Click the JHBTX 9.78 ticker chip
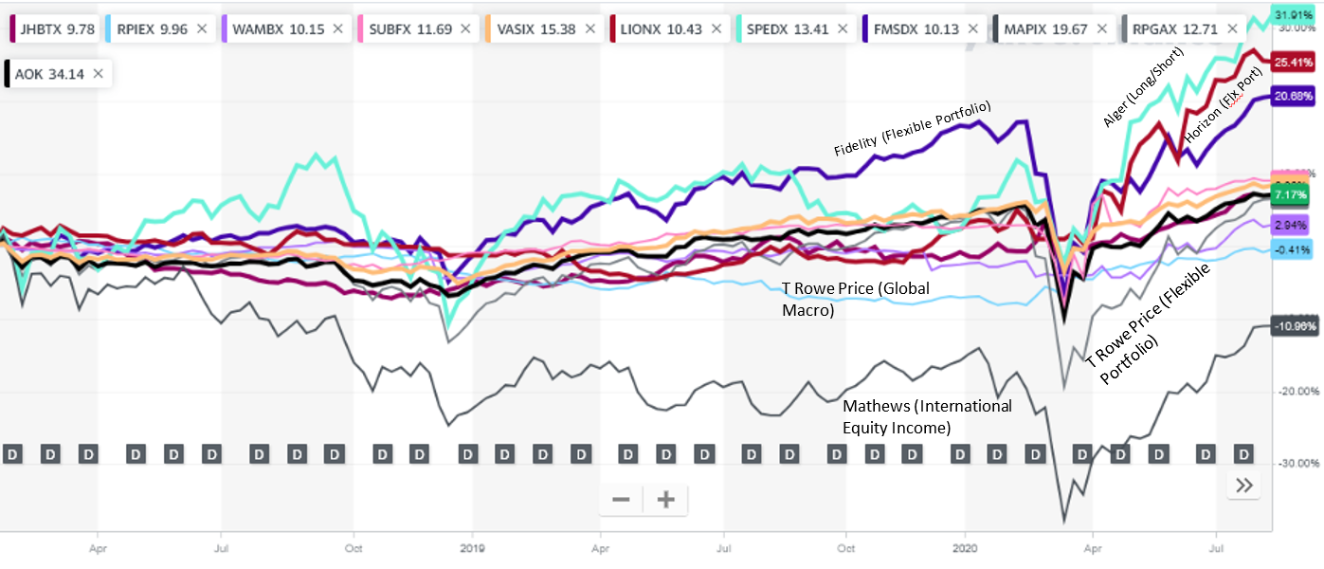point(51,29)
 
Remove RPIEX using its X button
point(201,29)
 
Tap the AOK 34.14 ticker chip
point(47,73)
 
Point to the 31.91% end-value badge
point(1293,15)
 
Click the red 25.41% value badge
point(1293,63)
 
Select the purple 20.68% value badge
point(1293,97)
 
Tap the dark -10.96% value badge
point(1293,326)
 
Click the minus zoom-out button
point(621,500)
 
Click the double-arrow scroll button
point(1244,486)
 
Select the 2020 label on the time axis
point(966,548)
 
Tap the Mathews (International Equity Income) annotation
point(927,416)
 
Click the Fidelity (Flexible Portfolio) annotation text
point(912,129)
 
